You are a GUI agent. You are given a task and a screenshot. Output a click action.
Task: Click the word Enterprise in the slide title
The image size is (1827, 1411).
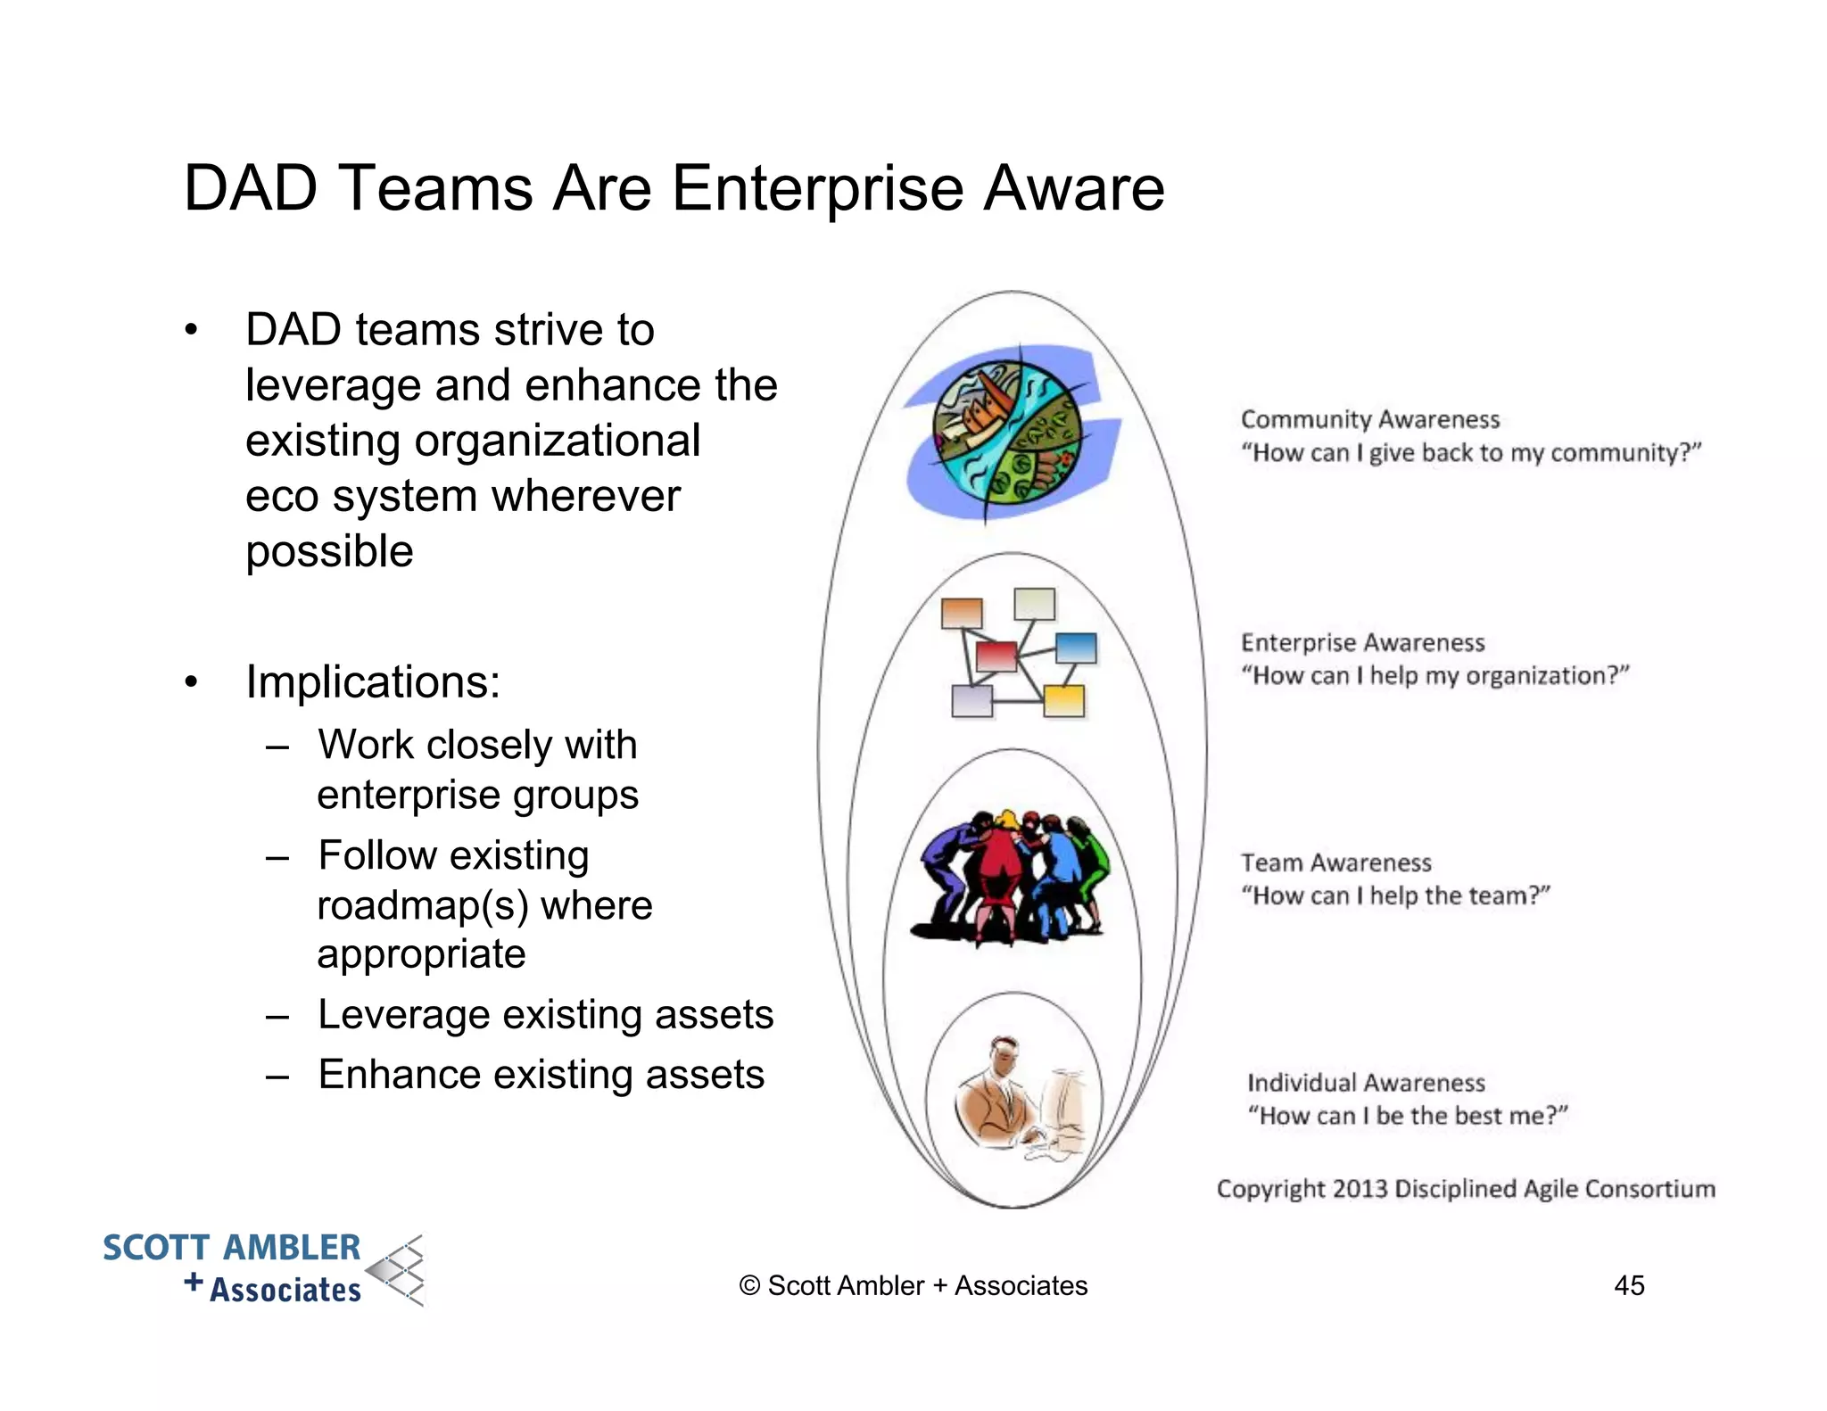point(816,188)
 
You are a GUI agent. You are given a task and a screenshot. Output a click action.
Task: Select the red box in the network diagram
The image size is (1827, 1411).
point(996,656)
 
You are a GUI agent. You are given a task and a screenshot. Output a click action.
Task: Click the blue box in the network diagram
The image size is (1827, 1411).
point(1075,648)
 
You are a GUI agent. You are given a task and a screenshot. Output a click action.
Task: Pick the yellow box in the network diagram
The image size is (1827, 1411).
point(1063,700)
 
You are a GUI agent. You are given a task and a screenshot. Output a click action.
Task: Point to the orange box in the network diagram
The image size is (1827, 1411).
point(962,613)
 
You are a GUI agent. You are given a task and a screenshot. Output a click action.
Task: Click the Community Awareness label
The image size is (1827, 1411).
point(1369,419)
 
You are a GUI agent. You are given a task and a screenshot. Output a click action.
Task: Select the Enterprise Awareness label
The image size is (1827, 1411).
point(1362,642)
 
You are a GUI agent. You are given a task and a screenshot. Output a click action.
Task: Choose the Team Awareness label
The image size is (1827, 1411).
point(1335,862)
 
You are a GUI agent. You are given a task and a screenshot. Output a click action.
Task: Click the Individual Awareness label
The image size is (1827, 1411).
point(1365,1083)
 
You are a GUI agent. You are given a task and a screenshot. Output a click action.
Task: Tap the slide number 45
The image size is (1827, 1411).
point(1629,1285)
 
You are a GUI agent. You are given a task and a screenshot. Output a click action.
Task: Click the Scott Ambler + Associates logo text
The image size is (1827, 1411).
point(232,1267)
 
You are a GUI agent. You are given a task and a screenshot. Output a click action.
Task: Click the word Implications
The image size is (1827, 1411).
point(373,682)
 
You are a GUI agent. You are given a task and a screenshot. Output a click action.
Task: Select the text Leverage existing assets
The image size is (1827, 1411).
point(545,1015)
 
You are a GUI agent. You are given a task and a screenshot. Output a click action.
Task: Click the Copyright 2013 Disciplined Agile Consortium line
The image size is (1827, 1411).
point(1465,1189)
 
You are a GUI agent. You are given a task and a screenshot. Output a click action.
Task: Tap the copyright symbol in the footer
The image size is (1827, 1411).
point(749,1286)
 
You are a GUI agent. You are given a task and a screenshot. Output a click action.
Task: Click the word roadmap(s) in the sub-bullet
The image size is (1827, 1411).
point(423,905)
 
